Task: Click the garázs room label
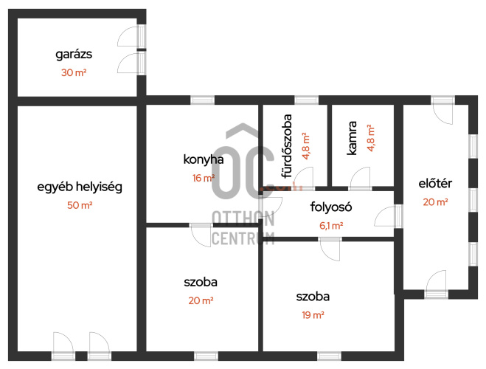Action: (x=74, y=55)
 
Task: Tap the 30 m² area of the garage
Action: (x=74, y=72)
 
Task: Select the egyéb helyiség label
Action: (x=80, y=187)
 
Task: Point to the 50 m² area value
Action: (x=80, y=205)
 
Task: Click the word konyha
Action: (x=204, y=159)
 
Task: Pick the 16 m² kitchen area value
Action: (x=204, y=178)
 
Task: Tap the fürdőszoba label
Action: (x=287, y=146)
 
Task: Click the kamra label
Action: (x=352, y=138)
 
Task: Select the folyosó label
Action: (x=331, y=207)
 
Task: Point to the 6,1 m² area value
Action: (x=331, y=226)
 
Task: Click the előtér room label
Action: (x=435, y=184)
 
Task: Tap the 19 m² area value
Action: (x=313, y=315)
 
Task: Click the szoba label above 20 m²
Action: (x=201, y=282)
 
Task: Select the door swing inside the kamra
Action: (x=360, y=178)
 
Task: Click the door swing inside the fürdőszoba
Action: (x=303, y=178)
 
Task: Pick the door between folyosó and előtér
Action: (x=388, y=215)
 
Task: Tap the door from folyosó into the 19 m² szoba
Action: (x=330, y=249)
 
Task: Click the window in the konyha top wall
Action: (x=202, y=100)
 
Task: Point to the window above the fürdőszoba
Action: (x=306, y=100)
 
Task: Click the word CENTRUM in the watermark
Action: (x=243, y=238)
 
